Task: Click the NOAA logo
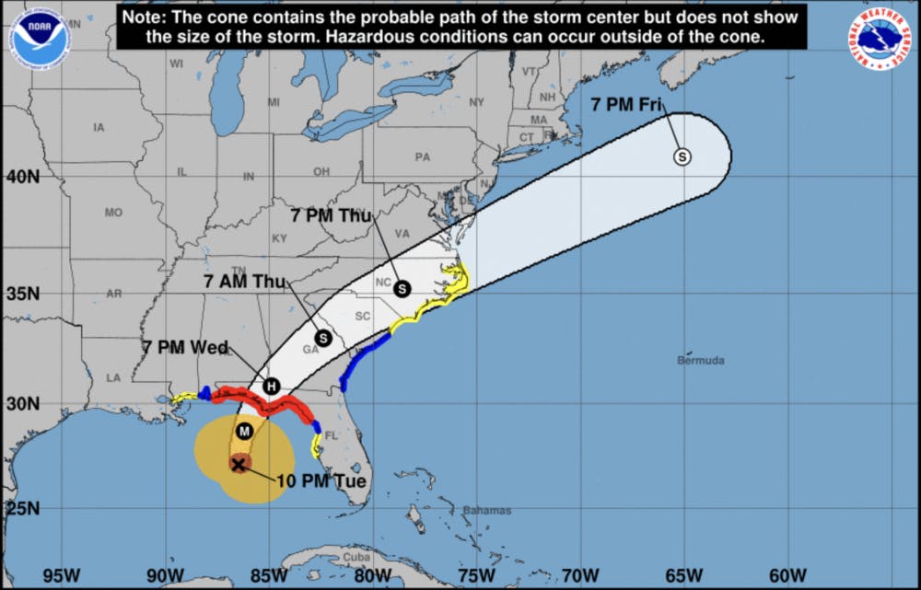(x=40, y=38)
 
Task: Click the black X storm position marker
(x=239, y=464)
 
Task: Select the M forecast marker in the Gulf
(x=244, y=431)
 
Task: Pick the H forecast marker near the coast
(x=271, y=386)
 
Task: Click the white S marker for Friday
(x=682, y=156)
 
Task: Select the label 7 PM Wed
(x=185, y=347)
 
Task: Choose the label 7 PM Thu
(x=331, y=216)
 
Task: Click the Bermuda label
(x=701, y=360)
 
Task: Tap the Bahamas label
(x=487, y=511)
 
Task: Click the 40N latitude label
(x=24, y=175)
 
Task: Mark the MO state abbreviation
(x=113, y=213)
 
